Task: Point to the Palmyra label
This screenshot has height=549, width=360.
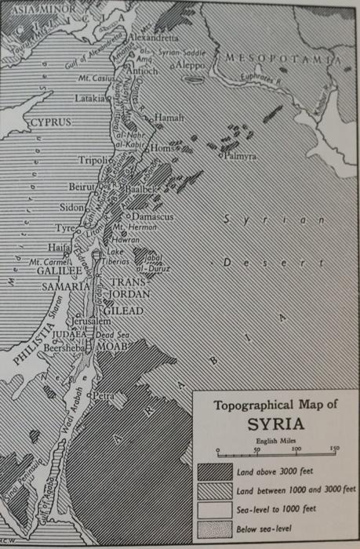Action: coord(240,157)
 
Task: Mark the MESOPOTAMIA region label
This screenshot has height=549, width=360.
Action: coord(284,59)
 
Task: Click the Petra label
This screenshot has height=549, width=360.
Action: coord(104,396)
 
